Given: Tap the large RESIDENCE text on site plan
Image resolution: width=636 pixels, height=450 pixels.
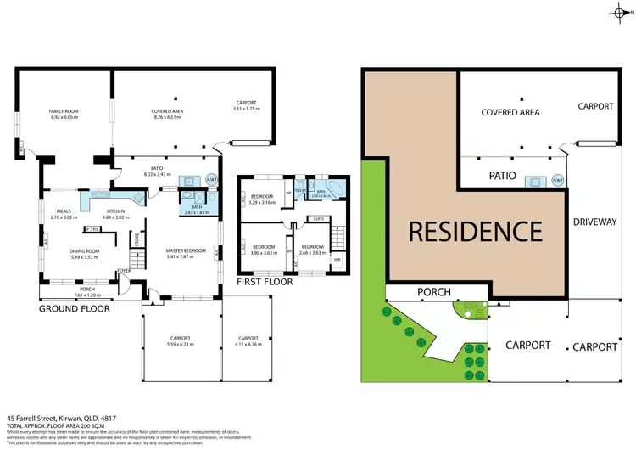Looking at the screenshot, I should click(476, 230).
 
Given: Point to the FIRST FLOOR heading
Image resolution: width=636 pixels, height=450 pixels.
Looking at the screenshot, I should click(265, 281).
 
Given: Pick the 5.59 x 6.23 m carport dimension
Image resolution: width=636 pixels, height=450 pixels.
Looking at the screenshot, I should click(180, 344).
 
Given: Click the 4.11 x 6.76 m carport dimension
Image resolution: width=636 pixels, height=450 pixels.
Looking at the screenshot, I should click(248, 344).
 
